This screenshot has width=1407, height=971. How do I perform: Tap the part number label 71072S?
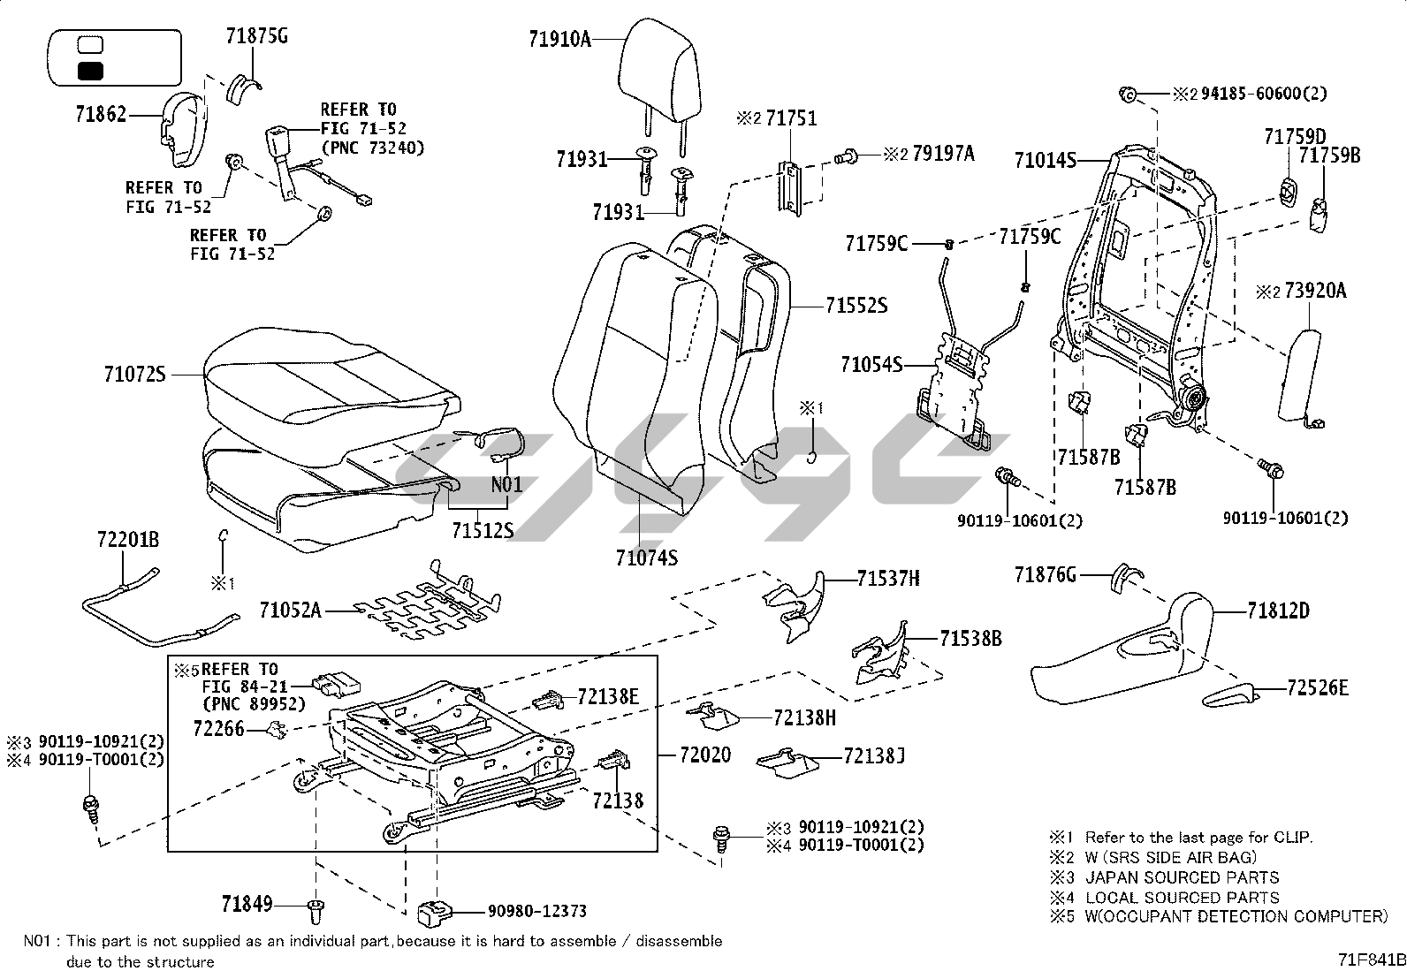click(135, 375)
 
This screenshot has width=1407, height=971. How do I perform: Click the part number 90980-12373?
click(537, 911)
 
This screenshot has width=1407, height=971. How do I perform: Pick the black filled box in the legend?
click(90, 71)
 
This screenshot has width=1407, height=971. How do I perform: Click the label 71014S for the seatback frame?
click(1046, 161)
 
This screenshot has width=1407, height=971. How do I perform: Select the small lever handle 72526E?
click(1228, 696)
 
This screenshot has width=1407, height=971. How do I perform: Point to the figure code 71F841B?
click(1371, 960)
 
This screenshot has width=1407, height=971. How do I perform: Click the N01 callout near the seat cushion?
click(506, 484)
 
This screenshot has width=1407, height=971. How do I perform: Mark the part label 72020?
click(705, 755)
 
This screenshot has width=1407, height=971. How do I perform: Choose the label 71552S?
click(856, 306)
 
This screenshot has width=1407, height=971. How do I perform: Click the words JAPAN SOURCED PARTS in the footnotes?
click(1183, 877)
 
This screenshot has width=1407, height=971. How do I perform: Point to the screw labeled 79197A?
click(846, 156)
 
